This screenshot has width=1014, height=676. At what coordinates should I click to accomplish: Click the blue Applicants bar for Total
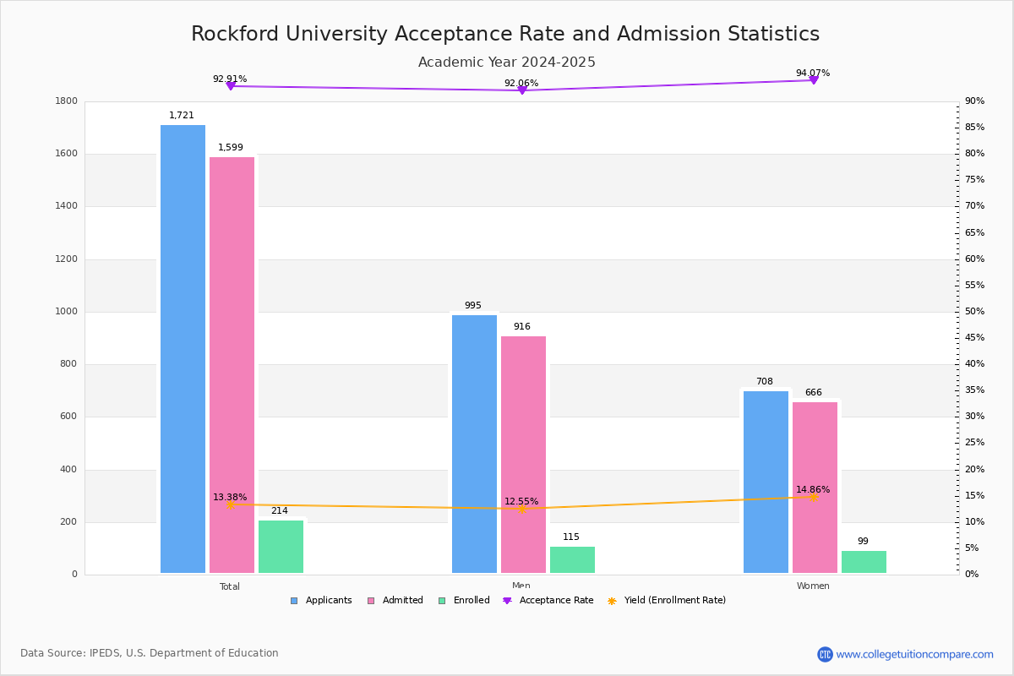tap(183, 349)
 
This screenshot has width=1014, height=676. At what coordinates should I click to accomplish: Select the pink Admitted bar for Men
tap(523, 455)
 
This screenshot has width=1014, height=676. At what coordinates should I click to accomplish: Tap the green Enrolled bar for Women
tap(864, 562)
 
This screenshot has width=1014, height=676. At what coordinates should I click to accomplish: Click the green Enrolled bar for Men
tap(572, 559)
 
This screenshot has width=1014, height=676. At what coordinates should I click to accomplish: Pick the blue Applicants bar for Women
tap(766, 482)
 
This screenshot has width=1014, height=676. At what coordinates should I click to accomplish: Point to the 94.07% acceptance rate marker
tap(813, 79)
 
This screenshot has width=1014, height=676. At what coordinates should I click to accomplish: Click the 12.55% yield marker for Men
tap(522, 509)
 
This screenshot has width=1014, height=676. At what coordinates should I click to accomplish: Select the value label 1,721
tap(181, 116)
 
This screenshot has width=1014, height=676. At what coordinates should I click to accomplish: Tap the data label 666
tap(813, 393)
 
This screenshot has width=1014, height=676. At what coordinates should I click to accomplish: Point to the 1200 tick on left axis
tap(66, 259)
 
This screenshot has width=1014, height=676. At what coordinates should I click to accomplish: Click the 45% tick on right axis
tap(974, 338)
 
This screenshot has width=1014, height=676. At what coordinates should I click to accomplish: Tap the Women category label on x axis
tap(813, 586)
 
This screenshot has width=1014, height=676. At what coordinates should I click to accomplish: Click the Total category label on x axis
tap(230, 586)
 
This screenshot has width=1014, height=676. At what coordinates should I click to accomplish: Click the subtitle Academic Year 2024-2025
tap(506, 63)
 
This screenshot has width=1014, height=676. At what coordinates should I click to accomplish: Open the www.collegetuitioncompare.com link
tap(914, 654)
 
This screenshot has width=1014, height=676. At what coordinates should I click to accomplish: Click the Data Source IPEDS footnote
tap(150, 653)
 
